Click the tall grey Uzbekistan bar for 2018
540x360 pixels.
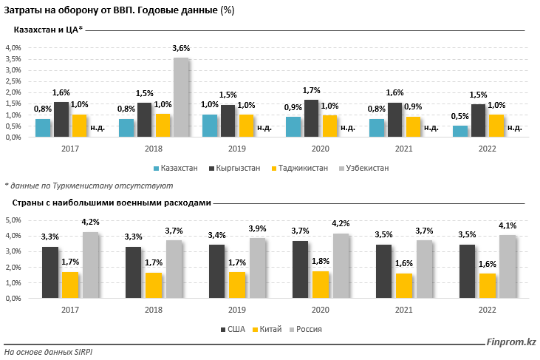[181, 98]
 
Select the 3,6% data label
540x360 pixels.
[181, 48]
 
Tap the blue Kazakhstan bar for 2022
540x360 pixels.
[460, 131]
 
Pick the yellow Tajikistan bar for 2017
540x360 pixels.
[79, 126]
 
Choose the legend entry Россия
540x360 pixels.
[309, 329]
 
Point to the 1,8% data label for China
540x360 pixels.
[321, 262]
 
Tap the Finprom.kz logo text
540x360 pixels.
[510, 342]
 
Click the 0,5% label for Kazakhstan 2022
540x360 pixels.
[459, 117]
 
